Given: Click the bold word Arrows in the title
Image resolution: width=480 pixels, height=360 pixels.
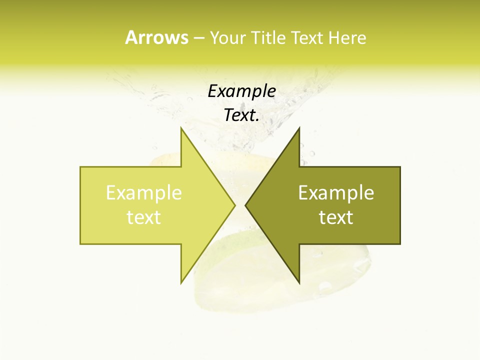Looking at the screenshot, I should coord(156,37).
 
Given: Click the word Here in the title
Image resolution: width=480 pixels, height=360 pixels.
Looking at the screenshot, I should coord(347,38).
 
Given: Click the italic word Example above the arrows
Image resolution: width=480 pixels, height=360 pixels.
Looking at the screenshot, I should coord(241,91).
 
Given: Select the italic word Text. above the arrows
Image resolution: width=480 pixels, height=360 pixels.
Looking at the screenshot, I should coord(241,115).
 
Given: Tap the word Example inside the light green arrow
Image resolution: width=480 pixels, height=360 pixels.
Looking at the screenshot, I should coord(144,193).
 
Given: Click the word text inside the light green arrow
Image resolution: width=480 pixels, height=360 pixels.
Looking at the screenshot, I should coord(144,217).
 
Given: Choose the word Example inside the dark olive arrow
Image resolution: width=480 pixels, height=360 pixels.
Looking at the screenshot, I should coord(336,193).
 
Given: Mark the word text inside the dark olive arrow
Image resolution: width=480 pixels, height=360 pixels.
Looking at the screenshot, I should coord(336,217).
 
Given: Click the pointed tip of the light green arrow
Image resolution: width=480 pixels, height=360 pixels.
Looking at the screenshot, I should coord(234,205).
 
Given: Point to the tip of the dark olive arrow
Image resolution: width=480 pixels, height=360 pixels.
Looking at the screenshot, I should coord(246,205).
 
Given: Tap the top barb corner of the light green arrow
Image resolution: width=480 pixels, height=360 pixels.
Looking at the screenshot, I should coord(181,128).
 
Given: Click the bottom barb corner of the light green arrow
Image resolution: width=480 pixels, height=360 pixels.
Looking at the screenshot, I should coord(181,282).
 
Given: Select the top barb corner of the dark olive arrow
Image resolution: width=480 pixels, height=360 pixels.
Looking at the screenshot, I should coord(299,128).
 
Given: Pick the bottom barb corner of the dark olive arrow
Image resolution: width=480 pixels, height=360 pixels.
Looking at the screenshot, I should coord(299,282).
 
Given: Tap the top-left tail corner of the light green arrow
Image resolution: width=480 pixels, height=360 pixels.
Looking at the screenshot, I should coord(81,167).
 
